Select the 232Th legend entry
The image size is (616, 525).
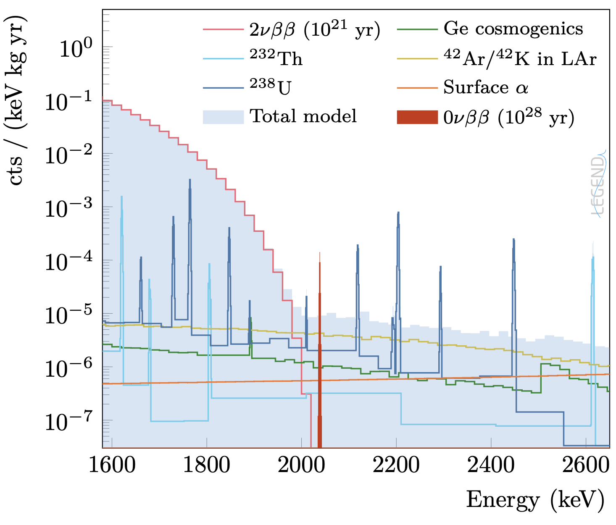[276, 58]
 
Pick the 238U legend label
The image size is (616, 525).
[270, 87]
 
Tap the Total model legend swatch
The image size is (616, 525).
[223, 117]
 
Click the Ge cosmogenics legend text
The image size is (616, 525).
[513, 29]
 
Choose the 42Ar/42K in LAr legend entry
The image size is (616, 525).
[520, 58]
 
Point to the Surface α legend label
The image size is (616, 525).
[485, 87]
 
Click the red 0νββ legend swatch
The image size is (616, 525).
[417, 117]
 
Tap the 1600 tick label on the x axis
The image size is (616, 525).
[113, 465]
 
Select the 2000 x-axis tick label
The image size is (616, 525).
[302, 465]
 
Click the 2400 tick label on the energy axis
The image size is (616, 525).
[491, 465]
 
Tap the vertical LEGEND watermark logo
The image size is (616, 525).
[598, 185]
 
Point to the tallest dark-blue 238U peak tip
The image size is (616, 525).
[190, 181]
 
